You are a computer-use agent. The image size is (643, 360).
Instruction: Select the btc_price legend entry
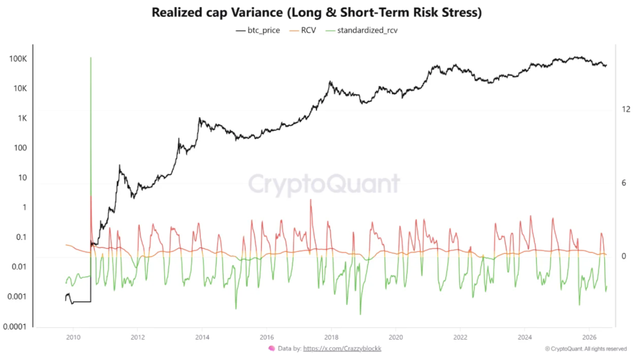pyautogui.click(x=257, y=30)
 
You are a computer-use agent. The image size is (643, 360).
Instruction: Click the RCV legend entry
pyautogui.click(x=303, y=30)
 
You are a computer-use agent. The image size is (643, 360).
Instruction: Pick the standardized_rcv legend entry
pyautogui.click(x=362, y=30)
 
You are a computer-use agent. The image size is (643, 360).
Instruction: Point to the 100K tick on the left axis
pyautogui.click(x=18, y=59)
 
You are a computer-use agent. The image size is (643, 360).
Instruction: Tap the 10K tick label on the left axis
pyautogui.click(x=20, y=88)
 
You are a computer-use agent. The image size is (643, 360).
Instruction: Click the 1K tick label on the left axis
pyautogui.click(x=22, y=118)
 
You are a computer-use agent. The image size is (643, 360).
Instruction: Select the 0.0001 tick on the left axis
pyautogui.click(x=14, y=327)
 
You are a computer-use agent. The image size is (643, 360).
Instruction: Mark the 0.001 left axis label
pyautogui.click(x=17, y=296)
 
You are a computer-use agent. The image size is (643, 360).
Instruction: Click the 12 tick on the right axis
pyautogui.click(x=626, y=109)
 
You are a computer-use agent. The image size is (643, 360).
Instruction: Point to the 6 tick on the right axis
pyautogui.click(x=624, y=183)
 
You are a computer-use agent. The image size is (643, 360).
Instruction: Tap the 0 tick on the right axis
pyautogui.click(x=624, y=256)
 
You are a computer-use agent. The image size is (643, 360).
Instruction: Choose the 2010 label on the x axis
pyautogui.click(x=73, y=337)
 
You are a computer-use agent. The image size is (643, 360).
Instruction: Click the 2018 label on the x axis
pyautogui.click(x=331, y=337)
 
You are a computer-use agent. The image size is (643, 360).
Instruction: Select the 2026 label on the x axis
pyautogui.click(x=589, y=337)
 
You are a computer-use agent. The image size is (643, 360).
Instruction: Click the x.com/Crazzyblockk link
pyautogui.click(x=342, y=349)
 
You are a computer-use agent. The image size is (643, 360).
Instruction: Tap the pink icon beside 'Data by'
pyautogui.click(x=272, y=349)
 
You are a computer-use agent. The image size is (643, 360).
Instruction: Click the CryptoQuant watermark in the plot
pyautogui.click(x=324, y=184)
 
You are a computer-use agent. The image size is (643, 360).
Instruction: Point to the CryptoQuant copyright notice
pyautogui.click(x=586, y=349)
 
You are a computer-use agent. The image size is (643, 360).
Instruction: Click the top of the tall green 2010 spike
pyautogui.click(x=91, y=57)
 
